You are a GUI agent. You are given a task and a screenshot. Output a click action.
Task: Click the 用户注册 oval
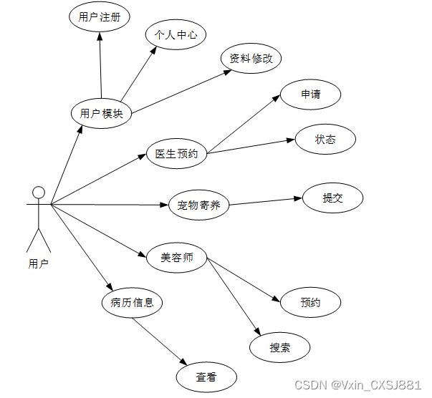pos(100,17)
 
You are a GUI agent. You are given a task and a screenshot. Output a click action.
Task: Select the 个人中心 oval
pos(176,34)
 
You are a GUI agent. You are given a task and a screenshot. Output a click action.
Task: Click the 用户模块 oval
pos(102,113)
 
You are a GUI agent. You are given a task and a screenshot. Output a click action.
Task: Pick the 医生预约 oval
pos(176,153)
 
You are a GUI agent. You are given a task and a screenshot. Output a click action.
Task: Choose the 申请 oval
pos(310,94)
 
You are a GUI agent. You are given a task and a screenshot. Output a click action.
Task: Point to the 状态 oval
pos(325,140)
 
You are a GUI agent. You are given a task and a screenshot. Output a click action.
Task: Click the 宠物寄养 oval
pos(198,206)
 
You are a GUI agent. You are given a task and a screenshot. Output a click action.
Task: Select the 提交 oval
pos(332,198)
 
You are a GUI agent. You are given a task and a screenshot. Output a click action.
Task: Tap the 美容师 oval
pos(176,258)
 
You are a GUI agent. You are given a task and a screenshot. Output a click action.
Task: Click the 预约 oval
pos(310,303)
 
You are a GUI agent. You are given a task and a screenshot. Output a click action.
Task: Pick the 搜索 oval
pos(280,348)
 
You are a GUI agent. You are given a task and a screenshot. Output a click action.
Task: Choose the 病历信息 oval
pos(132,302)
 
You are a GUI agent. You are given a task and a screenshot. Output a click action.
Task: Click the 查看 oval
pos(206,377)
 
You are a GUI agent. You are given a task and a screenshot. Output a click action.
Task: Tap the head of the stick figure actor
pos(39,192)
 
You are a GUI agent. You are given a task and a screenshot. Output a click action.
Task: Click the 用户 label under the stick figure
pos(39,263)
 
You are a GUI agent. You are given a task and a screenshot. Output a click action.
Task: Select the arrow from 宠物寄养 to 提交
pos(266,201)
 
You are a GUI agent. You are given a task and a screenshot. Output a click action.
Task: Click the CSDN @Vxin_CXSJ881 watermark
pos(358,385)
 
